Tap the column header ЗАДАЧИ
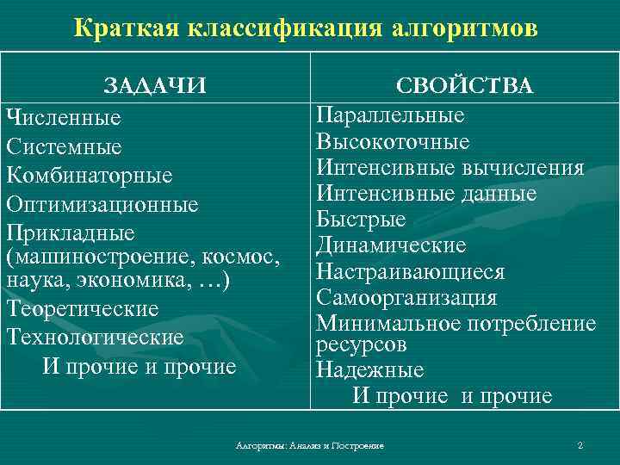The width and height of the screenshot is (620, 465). (x=155, y=86)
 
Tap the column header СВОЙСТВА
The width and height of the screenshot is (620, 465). (x=464, y=86)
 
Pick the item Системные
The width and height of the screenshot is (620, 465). (x=64, y=146)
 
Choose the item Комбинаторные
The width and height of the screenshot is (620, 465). (x=90, y=176)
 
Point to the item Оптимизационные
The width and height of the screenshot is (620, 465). (x=102, y=205)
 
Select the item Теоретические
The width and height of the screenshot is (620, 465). (x=82, y=307)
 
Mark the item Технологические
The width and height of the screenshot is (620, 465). (x=95, y=337)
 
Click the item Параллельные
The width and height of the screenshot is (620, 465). (x=390, y=115)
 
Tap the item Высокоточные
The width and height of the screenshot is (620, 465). (x=393, y=141)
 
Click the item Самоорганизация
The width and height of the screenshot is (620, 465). (x=406, y=298)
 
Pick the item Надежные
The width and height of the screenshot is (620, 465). (x=369, y=370)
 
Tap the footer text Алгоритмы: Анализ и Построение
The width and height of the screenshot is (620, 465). (x=310, y=445)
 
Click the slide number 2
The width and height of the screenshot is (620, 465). (x=580, y=445)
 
